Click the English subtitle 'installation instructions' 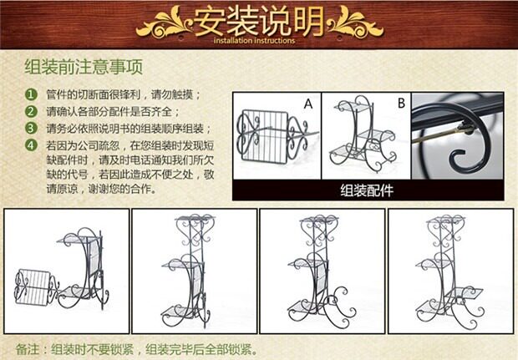coord(255,40)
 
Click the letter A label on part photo coord(307,104)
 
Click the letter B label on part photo coord(400,104)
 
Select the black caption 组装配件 coord(367,190)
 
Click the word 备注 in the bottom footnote coord(29,348)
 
